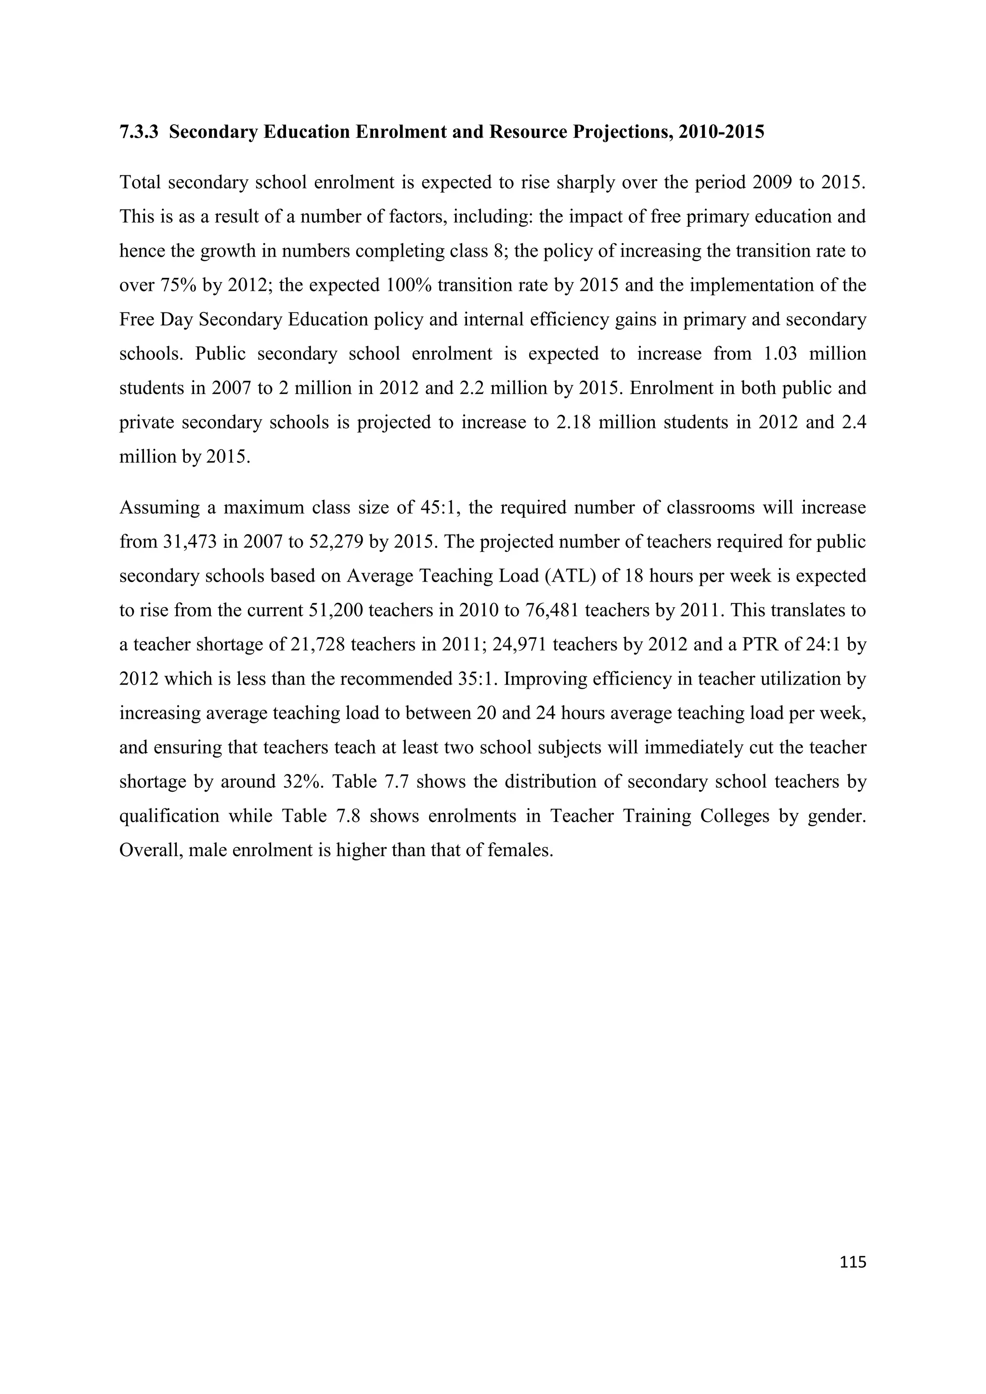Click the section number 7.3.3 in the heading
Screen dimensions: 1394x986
point(139,132)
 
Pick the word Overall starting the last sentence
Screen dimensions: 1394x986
point(151,850)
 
